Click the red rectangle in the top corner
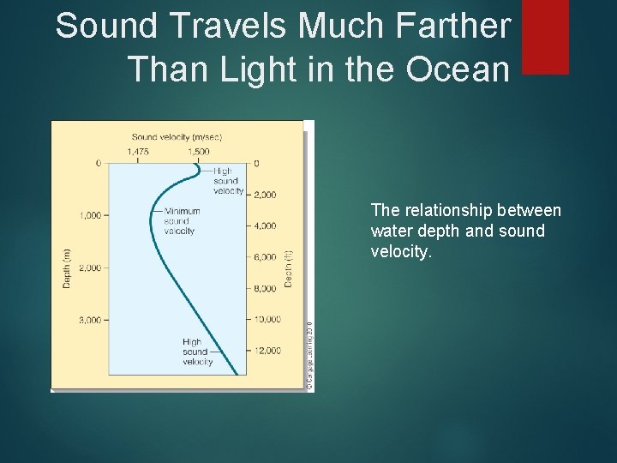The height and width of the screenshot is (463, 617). (x=545, y=36)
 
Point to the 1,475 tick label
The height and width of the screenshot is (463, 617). (x=138, y=152)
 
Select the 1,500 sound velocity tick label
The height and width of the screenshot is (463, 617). (x=198, y=152)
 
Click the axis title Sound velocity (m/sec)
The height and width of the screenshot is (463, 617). (x=177, y=136)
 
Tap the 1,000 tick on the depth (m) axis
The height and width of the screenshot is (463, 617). (x=90, y=215)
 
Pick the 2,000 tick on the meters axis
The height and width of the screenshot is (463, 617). (x=90, y=268)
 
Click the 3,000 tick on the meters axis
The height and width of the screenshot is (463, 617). (x=90, y=320)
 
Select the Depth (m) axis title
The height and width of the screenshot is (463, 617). (x=68, y=267)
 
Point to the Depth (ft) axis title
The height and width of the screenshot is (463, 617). (x=290, y=267)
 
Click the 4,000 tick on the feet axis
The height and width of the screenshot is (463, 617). (x=264, y=226)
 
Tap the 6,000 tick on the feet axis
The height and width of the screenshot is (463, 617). (x=264, y=257)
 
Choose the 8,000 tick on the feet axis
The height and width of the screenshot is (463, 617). (x=264, y=289)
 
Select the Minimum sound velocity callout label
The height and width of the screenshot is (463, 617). (x=180, y=220)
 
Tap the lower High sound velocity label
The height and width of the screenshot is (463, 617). (x=197, y=352)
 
